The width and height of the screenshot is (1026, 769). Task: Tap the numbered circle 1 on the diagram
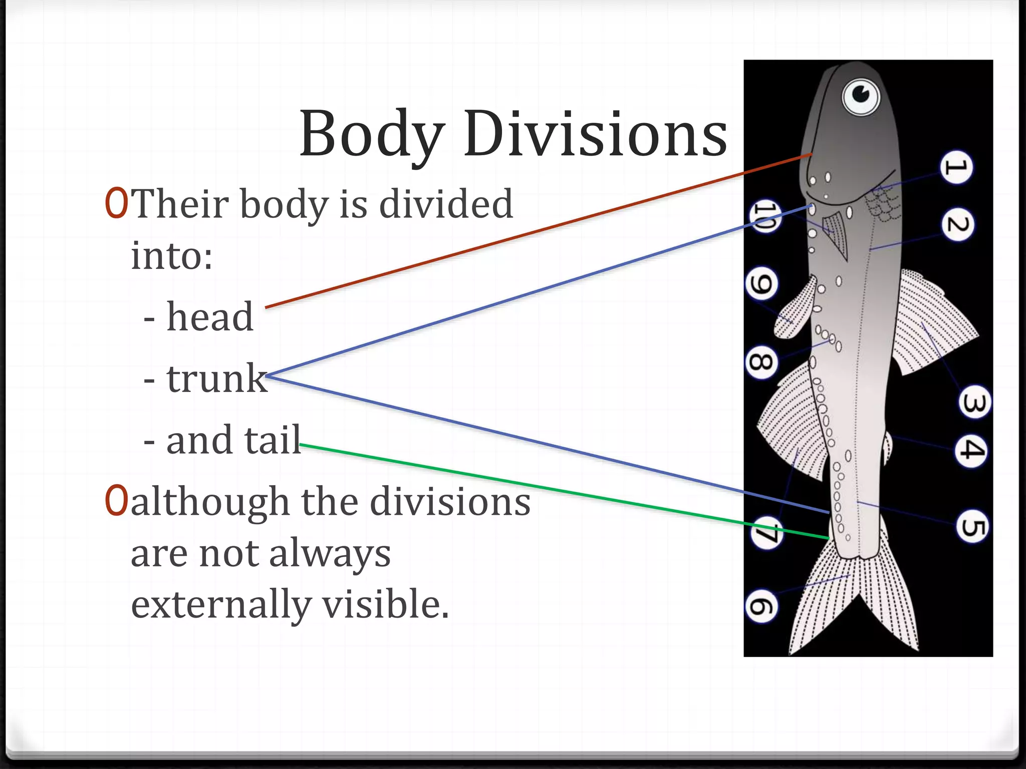click(956, 167)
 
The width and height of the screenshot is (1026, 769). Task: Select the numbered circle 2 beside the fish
click(957, 225)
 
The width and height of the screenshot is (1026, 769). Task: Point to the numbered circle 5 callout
click(972, 527)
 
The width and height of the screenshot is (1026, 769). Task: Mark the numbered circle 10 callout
click(764, 216)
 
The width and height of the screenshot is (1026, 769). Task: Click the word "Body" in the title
click(372, 134)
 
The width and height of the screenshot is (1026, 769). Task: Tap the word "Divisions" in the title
click(595, 134)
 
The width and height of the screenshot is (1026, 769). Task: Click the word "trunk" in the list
click(216, 378)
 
